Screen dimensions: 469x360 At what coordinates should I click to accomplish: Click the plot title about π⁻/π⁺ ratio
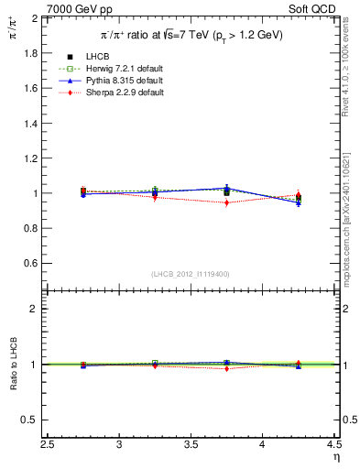tap(191, 35)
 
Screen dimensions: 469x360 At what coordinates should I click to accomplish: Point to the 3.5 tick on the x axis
tap(191, 445)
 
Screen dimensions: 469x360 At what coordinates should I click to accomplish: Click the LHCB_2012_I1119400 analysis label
tap(191, 274)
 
